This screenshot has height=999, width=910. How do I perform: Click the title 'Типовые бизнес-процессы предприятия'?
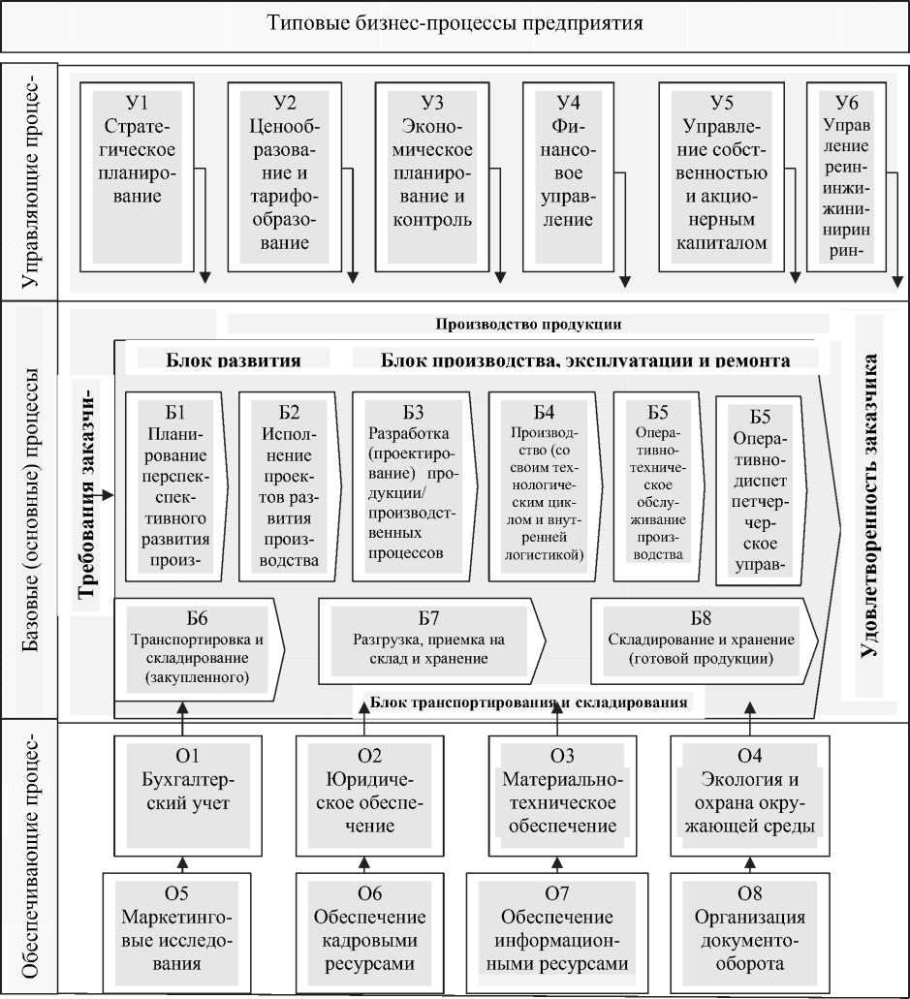455,21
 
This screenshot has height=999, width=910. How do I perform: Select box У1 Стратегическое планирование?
138,174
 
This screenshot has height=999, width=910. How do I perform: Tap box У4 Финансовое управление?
568,174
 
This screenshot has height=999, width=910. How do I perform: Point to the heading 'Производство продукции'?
528,324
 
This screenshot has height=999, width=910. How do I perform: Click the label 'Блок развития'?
234,360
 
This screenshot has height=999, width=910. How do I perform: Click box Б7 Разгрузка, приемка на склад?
429,640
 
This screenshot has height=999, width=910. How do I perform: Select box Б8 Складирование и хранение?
702,640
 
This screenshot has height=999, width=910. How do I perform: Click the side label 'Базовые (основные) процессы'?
29,509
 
